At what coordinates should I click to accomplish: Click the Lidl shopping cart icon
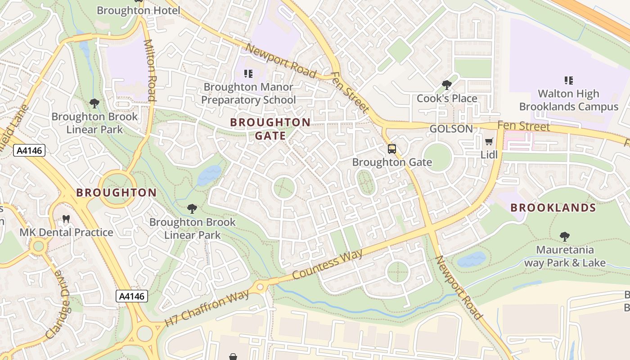point(489,142)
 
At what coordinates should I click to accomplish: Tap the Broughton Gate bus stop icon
point(392,149)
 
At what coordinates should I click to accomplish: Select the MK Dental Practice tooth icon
point(66,219)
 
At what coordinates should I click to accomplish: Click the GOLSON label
point(451,129)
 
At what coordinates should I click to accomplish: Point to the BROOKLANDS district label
point(553,208)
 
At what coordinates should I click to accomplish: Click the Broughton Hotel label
point(138,10)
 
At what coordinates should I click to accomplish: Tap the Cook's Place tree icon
point(446,85)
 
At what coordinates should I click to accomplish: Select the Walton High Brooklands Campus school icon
point(568,81)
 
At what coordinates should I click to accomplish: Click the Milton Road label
point(149,70)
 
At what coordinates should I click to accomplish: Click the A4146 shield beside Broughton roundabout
point(29,150)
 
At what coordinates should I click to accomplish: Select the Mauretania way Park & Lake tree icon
point(564,237)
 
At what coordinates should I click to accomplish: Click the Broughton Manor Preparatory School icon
point(248,73)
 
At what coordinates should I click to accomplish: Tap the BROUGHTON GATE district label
point(270,129)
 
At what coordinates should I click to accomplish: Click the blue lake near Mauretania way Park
point(472,260)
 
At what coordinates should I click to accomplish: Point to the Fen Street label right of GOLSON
point(523,126)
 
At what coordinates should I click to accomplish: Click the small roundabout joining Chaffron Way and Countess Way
point(260,287)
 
